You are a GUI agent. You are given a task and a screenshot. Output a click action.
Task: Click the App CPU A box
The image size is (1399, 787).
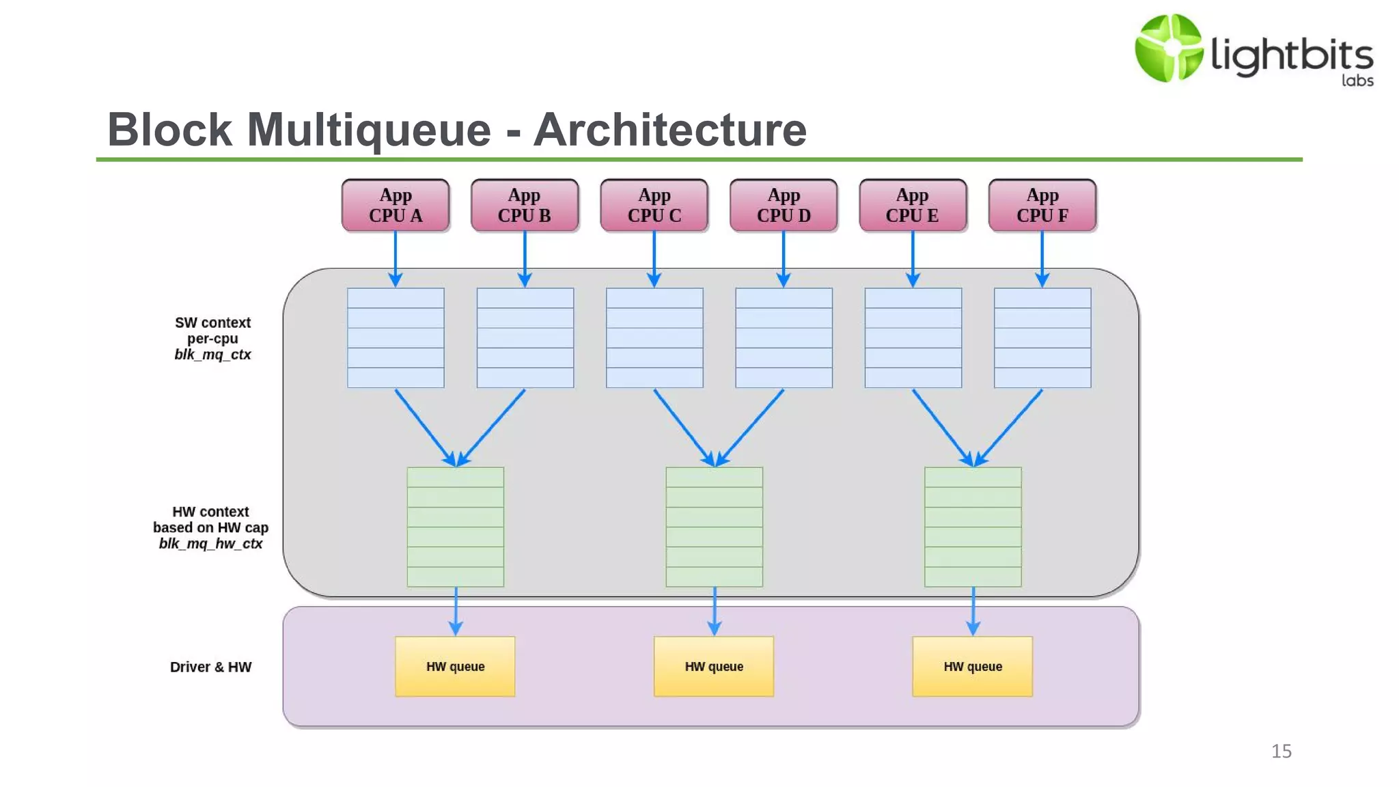coord(396,205)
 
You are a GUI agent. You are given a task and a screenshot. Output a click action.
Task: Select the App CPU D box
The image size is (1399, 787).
coord(784,205)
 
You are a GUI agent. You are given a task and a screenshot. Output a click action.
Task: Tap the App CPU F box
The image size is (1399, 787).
coord(1042,205)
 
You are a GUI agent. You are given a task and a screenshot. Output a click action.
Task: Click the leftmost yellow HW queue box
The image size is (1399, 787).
coord(455,666)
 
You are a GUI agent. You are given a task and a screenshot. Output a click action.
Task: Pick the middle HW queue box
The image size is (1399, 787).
coord(714,666)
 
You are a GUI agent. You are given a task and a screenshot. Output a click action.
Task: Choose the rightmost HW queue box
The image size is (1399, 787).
coord(973,666)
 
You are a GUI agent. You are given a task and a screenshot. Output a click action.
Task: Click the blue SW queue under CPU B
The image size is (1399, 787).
coord(525,337)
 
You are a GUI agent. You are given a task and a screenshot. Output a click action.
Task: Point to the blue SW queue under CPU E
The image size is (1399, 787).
coord(913,337)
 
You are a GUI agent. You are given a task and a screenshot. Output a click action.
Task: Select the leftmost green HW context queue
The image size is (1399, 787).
coord(456,527)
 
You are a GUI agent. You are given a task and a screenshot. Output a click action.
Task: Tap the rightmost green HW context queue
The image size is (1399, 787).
coord(973,527)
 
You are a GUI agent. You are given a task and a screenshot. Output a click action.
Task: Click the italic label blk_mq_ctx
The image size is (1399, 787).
coord(212,355)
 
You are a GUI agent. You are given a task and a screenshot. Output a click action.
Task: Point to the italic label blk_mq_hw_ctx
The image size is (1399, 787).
coord(210,544)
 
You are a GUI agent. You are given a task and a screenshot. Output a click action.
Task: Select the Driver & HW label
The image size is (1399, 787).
coord(210,667)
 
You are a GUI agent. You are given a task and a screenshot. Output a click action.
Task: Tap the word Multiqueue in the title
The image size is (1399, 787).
coord(369,130)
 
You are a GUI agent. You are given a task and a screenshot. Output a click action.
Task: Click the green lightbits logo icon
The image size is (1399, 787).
coord(1168,48)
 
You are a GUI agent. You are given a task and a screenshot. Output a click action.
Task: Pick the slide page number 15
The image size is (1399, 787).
coord(1282,751)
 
